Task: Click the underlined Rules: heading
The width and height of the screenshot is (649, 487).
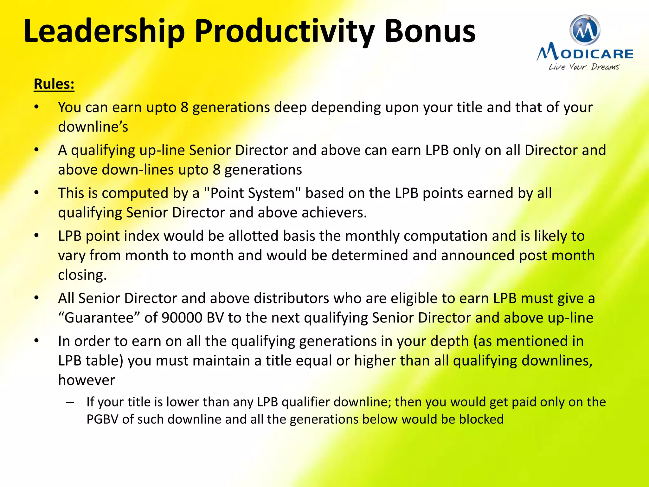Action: [54, 84]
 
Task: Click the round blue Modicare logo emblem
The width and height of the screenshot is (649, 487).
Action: [585, 30]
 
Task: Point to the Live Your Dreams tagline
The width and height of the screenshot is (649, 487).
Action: [584, 67]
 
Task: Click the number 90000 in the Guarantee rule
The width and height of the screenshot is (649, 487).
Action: [182, 318]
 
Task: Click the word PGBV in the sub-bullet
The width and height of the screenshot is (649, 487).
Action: [102, 419]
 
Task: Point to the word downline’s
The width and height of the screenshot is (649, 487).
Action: [93, 127]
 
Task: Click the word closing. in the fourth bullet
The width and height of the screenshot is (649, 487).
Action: [82, 275]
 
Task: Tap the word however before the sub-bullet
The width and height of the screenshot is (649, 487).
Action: [87, 380]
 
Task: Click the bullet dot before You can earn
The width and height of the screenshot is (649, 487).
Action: [37, 107]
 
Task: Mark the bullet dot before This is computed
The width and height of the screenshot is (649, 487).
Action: [37, 192]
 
